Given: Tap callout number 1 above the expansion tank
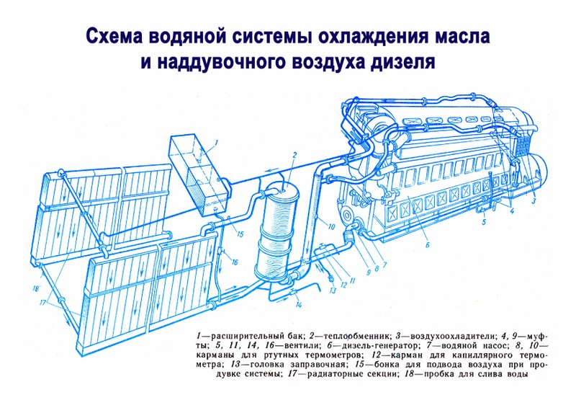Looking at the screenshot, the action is (x=217, y=141).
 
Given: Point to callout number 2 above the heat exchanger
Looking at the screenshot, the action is (x=294, y=155).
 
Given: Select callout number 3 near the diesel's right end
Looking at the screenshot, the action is (x=534, y=201).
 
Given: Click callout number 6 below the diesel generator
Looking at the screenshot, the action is (x=427, y=244).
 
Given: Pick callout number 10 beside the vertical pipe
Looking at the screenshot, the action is (x=331, y=227).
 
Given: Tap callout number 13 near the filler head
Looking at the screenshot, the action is (x=333, y=291).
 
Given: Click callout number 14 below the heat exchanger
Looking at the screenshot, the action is (x=299, y=305).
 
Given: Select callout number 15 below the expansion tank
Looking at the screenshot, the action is (x=240, y=234).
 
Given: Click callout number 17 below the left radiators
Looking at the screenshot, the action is (x=43, y=303).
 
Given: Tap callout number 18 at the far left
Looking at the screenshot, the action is (x=35, y=289).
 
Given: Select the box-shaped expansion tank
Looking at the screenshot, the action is (x=199, y=174).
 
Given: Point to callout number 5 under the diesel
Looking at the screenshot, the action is (x=484, y=222).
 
